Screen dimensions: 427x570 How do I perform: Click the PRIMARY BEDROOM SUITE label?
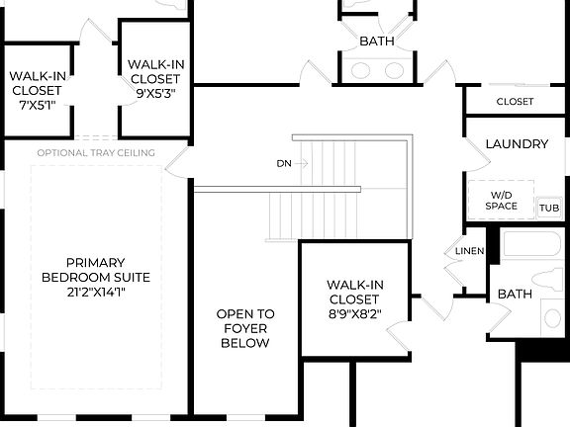(83, 270)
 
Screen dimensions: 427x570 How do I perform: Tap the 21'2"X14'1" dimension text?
(83, 292)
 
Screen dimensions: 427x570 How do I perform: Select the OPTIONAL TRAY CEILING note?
(95, 152)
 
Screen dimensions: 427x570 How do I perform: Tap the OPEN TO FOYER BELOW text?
(245, 328)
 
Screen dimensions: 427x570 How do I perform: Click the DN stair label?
(284, 162)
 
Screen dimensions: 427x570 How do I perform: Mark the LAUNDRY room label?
(517, 144)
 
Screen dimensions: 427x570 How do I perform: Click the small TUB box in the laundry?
(548, 209)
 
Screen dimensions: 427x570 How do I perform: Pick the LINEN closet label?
(469, 251)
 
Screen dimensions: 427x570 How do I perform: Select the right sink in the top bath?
(395, 70)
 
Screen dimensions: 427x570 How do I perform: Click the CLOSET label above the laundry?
(515, 102)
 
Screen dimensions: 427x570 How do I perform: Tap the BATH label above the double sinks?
(377, 42)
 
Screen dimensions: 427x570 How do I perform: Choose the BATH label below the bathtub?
(515, 295)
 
